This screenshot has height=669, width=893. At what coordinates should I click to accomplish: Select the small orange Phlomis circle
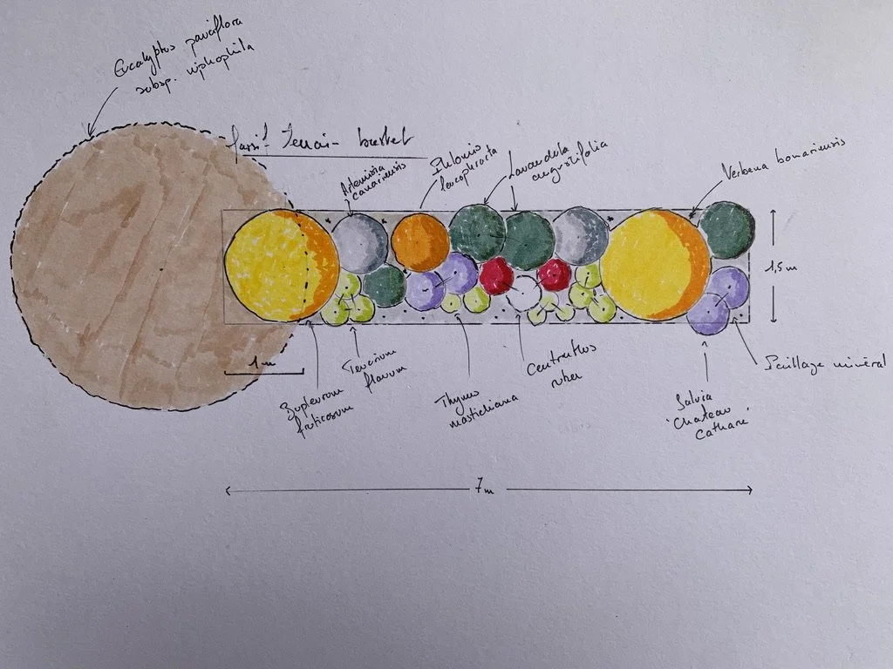tap(420, 242)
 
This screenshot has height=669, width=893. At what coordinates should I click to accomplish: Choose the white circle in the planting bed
tap(525, 293)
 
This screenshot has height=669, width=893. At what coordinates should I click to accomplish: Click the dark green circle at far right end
tap(726, 230)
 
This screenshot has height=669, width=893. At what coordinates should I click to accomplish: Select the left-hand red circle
tap(496, 275)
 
